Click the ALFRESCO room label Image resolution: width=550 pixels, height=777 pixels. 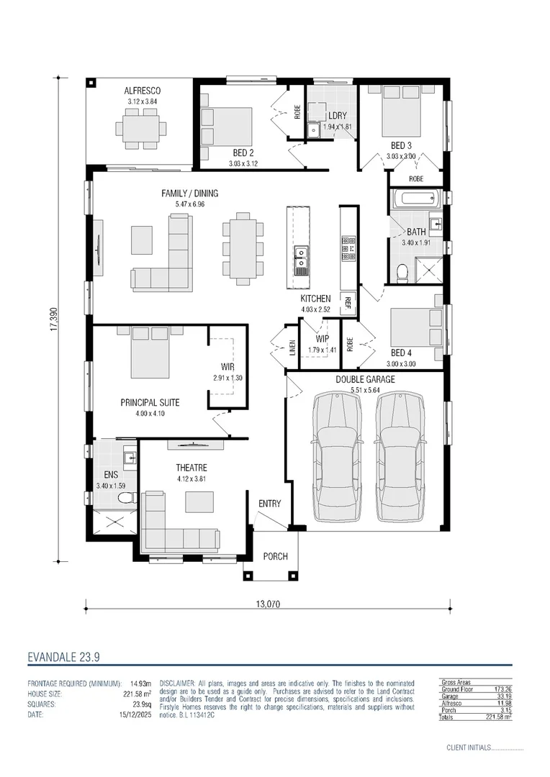pos(142,91)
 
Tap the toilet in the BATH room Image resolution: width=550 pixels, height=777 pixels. pos(403,271)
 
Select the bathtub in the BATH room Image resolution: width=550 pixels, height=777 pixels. pos(416,198)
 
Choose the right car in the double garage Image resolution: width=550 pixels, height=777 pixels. pos(399,457)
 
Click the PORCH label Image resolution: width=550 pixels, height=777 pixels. pos(275,556)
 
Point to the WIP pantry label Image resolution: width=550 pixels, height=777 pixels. pos(322,338)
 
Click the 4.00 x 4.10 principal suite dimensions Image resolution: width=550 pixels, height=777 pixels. pos(150,414)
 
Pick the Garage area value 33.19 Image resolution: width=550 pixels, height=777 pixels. pos(498,696)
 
